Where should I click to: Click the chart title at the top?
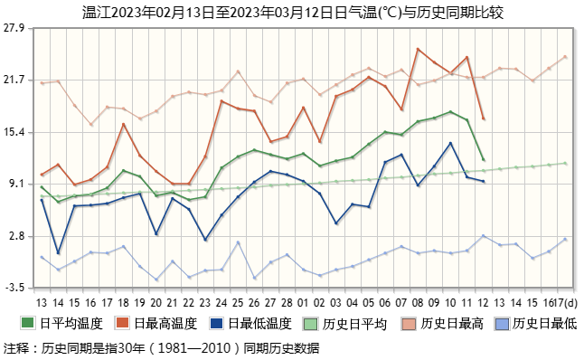tap(291, 11)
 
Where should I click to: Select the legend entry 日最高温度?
tap(160, 323)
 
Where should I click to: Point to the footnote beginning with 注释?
tap(162, 347)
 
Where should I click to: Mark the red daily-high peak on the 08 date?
tap(418, 49)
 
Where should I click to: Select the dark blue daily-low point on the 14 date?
tap(58, 253)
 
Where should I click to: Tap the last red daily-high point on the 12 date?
tap(484, 118)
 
